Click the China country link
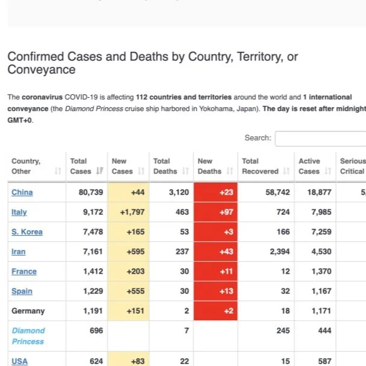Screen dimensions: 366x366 [x=22, y=192]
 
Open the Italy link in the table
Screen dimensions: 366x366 [x=19, y=212]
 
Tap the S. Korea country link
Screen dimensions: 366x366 [x=27, y=232]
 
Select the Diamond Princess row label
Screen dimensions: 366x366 [x=28, y=336]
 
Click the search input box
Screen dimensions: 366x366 [x=321, y=139]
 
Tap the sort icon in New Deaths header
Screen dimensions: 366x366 [x=230, y=171]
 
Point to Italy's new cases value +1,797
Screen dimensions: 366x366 [x=132, y=212]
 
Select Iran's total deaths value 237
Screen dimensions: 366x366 [x=182, y=251]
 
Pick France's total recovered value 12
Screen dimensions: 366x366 [x=285, y=271]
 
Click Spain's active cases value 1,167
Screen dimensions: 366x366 [x=321, y=291]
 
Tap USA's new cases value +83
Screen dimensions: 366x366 [x=137, y=361]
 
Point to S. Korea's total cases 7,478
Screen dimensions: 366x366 [x=93, y=232]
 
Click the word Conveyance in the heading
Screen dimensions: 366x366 [x=42, y=69]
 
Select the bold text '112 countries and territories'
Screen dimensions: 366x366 [x=184, y=97]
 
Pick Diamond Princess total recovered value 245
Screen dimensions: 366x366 [x=283, y=331]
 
